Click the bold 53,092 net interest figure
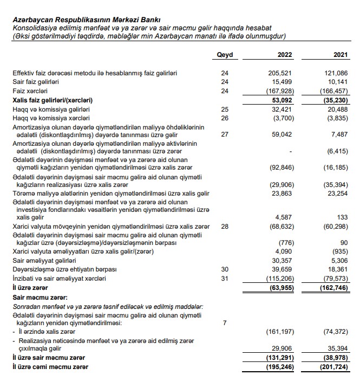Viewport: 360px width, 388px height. [281, 100]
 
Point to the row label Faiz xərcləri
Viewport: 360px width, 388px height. [32, 90]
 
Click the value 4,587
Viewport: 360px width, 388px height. [284, 217]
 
